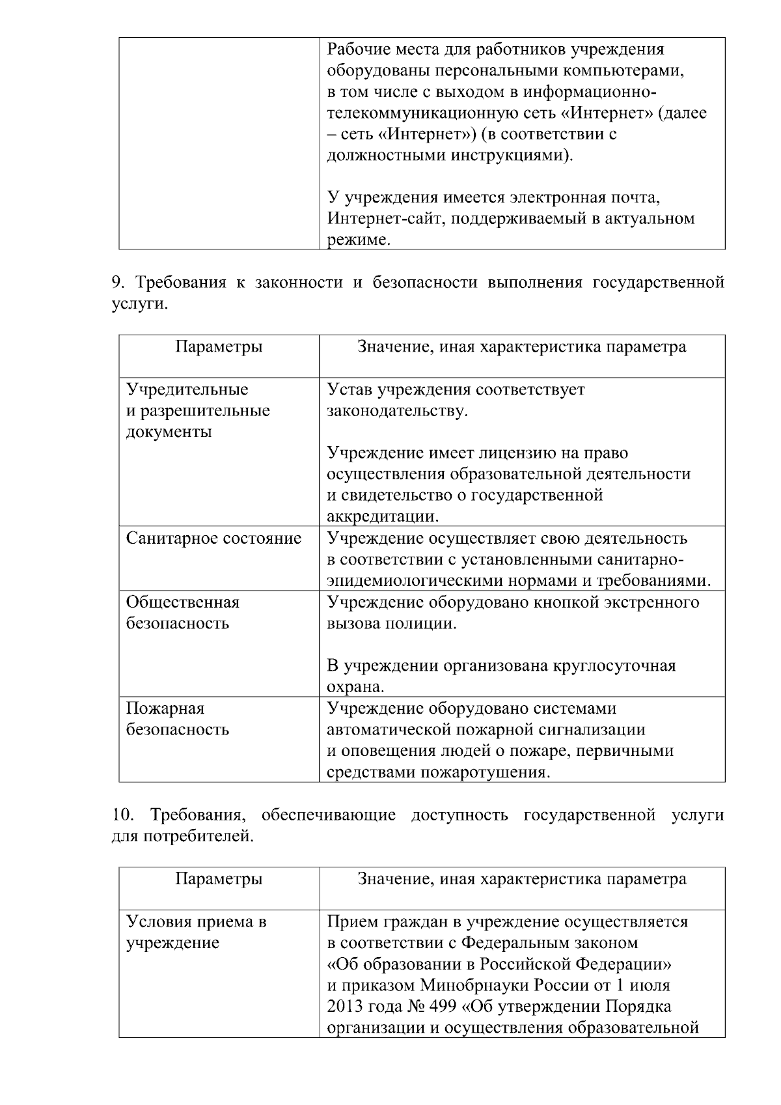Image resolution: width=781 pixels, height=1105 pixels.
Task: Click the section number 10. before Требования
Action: (x=122, y=815)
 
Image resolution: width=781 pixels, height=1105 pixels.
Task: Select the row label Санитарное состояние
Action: (x=213, y=539)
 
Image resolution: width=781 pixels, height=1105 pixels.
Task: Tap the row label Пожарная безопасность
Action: (x=178, y=718)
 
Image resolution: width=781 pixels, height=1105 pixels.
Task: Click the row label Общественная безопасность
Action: (x=183, y=613)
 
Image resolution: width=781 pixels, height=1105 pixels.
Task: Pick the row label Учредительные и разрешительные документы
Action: (x=198, y=410)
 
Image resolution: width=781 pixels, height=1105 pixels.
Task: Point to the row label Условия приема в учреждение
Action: (x=196, y=932)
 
